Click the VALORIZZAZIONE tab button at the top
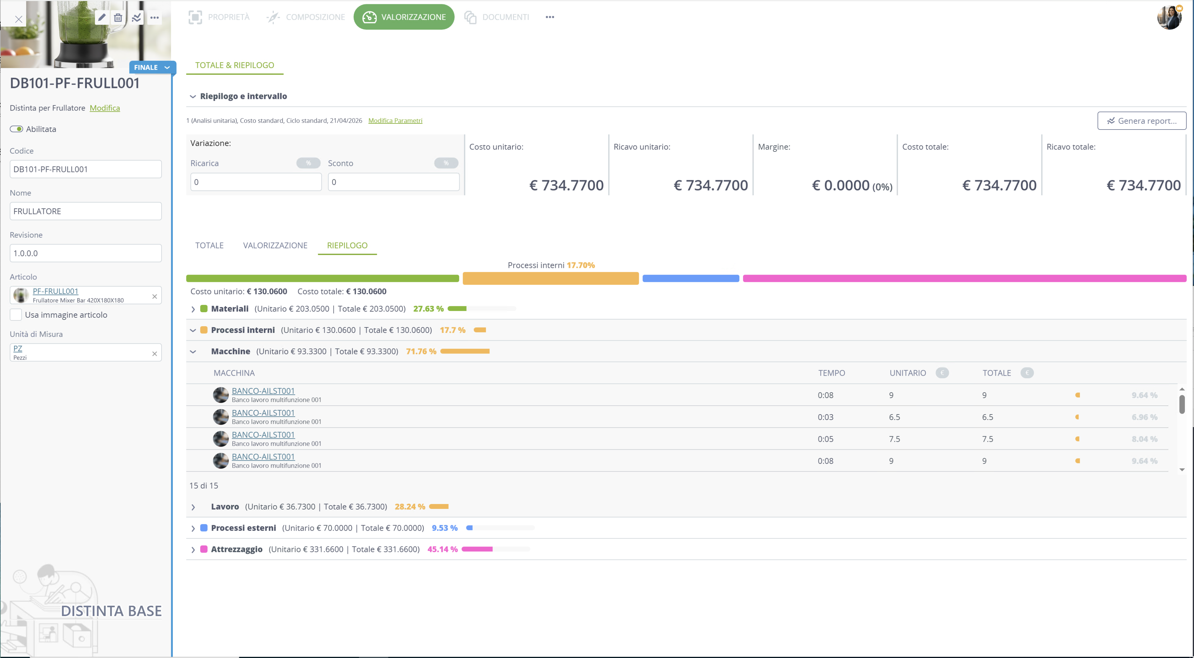click(x=404, y=17)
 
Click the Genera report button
click(x=1141, y=121)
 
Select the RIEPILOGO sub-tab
click(x=347, y=245)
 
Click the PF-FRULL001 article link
click(x=56, y=291)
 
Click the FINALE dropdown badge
click(x=152, y=67)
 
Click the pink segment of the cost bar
click(x=965, y=278)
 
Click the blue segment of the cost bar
click(x=691, y=278)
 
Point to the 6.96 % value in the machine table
click(x=1145, y=417)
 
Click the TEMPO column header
click(x=832, y=373)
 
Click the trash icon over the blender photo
click(x=118, y=18)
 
